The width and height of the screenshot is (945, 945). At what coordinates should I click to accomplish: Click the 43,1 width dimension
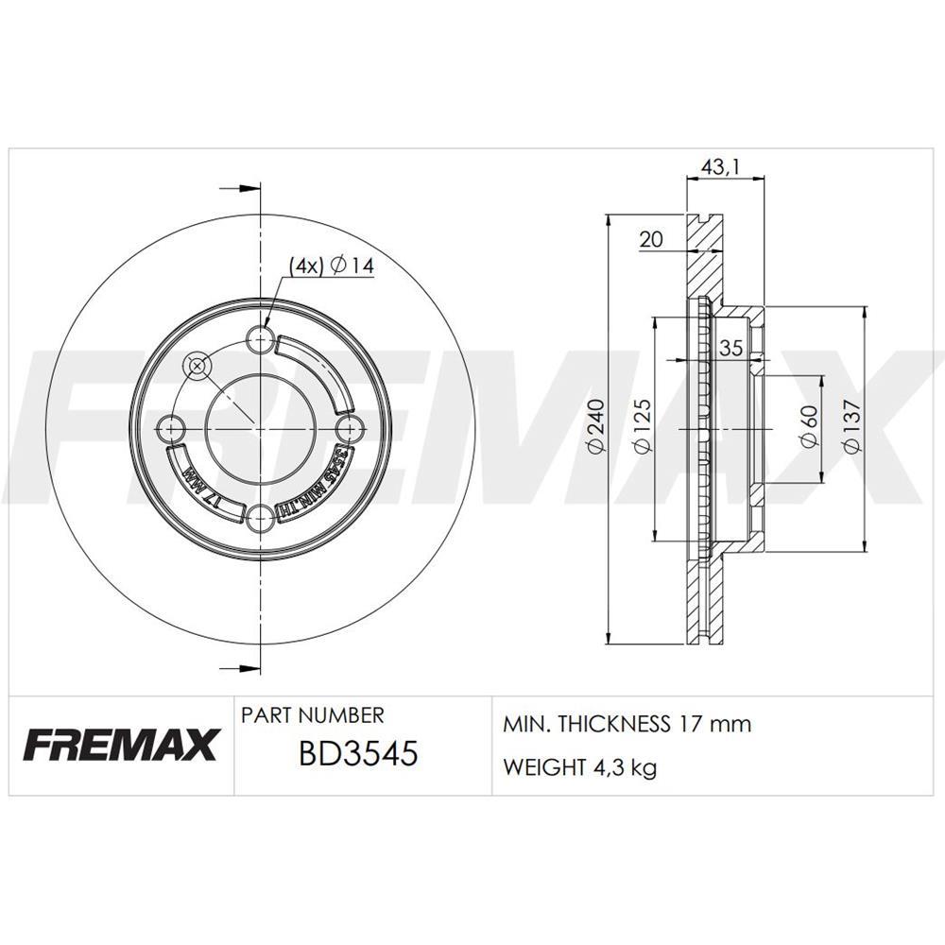point(720,167)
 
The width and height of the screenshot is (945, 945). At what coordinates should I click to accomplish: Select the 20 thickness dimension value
point(651,239)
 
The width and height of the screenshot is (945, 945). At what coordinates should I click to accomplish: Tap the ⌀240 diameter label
point(594,428)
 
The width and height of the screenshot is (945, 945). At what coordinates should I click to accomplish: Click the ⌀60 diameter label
point(808,428)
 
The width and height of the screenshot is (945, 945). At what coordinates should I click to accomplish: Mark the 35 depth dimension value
point(730,348)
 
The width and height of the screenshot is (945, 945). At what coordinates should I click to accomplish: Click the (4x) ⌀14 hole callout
point(332,267)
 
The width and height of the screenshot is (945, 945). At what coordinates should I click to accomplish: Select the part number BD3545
point(357,756)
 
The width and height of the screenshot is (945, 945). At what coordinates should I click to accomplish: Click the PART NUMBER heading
point(313,715)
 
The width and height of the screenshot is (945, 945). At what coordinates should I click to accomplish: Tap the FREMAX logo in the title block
point(120,744)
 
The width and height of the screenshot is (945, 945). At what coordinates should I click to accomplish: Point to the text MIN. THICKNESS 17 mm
point(627,725)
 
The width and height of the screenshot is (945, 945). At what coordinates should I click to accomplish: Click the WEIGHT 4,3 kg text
point(579,767)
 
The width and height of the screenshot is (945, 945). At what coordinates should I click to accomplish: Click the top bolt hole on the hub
point(258,338)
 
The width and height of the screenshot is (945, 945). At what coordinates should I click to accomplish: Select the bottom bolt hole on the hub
point(258,516)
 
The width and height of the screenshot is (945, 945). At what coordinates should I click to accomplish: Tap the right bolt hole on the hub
point(347,428)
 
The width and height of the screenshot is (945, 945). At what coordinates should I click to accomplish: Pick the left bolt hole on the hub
point(170,428)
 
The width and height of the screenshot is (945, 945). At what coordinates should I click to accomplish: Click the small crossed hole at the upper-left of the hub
point(198,365)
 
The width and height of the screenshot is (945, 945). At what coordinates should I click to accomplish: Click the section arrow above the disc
point(241,189)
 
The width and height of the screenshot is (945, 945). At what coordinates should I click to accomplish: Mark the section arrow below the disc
point(241,667)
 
